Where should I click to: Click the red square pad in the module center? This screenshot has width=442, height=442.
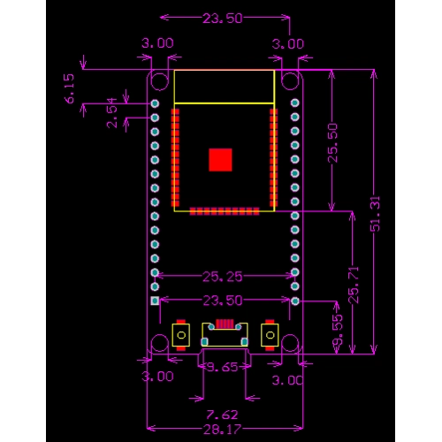(x=220, y=159)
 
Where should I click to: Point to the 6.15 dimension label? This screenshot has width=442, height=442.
(x=71, y=88)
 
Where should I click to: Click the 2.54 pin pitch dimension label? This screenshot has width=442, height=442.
(x=112, y=112)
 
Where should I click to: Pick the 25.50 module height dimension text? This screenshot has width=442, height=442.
(x=331, y=141)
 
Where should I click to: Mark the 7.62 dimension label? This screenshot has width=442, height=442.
(x=222, y=414)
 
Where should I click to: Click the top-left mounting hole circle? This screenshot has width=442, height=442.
(x=159, y=80)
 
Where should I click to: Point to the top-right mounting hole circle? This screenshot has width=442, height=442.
(x=289, y=80)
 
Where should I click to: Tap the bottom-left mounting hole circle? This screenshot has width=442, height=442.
(x=159, y=345)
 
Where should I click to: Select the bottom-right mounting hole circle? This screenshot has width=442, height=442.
(x=289, y=345)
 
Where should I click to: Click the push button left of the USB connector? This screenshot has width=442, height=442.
(x=180, y=335)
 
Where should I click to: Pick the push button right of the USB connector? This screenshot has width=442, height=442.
(x=269, y=335)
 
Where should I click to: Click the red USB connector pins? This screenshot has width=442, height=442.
(x=225, y=324)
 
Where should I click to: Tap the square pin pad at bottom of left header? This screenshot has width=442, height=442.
(x=156, y=301)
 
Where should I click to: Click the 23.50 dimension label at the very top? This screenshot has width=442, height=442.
(x=224, y=18)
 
